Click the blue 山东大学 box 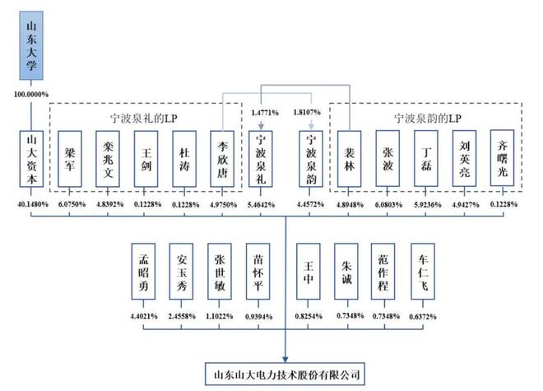pyautogui.click(x=31, y=45)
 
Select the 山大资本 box pyautogui.click(x=31, y=159)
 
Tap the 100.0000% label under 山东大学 pyautogui.click(x=31, y=95)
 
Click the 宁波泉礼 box pyautogui.click(x=261, y=159)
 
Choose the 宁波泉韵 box pyautogui.click(x=311, y=159)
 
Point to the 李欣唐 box pyautogui.click(x=222, y=159)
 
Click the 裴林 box pyautogui.click(x=350, y=159)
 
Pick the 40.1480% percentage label pyautogui.click(x=33, y=204)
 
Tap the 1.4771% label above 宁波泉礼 pyautogui.click(x=265, y=113)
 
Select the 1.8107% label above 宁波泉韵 pyautogui.click(x=307, y=112)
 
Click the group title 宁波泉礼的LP pyautogui.click(x=144, y=119)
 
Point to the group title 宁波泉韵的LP pyautogui.click(x=428, y=119)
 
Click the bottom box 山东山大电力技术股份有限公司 pyautogui.click(x=285, y=374)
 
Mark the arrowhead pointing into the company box pyautogui.click(x=285, y=359)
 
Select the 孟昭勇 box pyautogui.click(x=143, y=271)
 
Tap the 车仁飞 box pyautogui.click(x=423, y=271)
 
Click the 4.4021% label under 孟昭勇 pyautogui.click(x=144, y=316)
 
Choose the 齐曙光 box pyautogui.click(x=503, y=158)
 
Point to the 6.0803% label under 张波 pyautogui.click(x=388, y=205)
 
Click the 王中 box pyautogui.click(x=309, y=271)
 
